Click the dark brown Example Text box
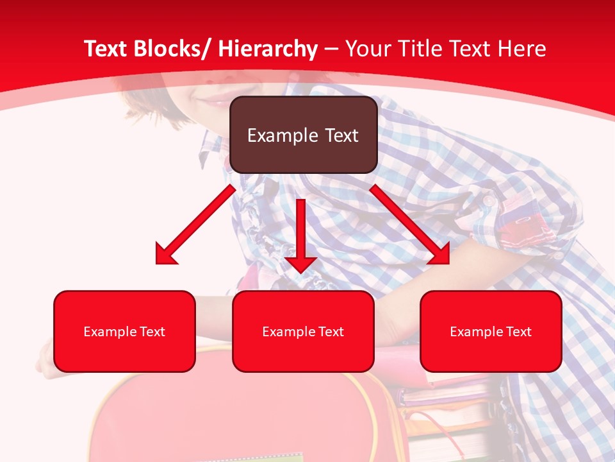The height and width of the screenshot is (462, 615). [x=303, y=135]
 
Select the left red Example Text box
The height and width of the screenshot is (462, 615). [x=124, y=331]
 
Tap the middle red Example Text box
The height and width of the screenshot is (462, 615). [x=303, y=331]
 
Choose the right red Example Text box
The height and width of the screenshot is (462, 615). [x=491, y=331]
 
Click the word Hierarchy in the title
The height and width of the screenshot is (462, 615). [x=267, y=49]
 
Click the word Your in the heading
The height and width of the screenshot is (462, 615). [x=368, y=49]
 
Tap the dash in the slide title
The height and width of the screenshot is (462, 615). [x=331, y=49]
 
